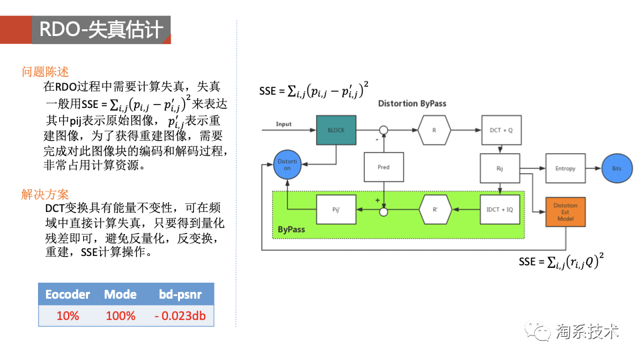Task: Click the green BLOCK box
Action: click(x=336, y=130)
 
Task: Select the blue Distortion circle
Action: click(x=288, y=164)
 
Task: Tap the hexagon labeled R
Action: click(x=434, y=130)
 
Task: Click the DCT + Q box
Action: click(x=500, y=130)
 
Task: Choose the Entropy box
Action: click(x=565, y=169)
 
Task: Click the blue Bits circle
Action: click(x=617, y=169)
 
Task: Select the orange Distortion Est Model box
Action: click(x=565, y=211)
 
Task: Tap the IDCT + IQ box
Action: click(x=500, y=210)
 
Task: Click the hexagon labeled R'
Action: click(x=435, y=210)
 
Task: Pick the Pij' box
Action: click(x=336, y=210)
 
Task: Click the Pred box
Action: click(x=383, y=167)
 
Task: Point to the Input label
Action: click(x=284, y=124)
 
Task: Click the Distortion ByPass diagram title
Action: click(x=412, y=103)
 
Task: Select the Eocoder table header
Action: click(x=67, y=295)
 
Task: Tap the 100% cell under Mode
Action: click(x=120, y=315)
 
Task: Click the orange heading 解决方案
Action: click(x=45, y=195)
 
